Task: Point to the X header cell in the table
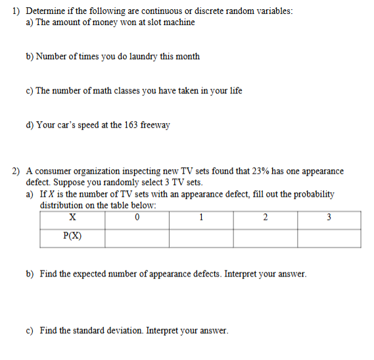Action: tap(72, 217)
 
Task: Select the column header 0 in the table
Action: tap(136, 217)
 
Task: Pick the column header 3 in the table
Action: tap(329, 217)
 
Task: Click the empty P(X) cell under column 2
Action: tap(265, 238)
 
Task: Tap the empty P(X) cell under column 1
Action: tap(200, 238)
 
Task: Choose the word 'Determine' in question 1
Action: tap(45, 11)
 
